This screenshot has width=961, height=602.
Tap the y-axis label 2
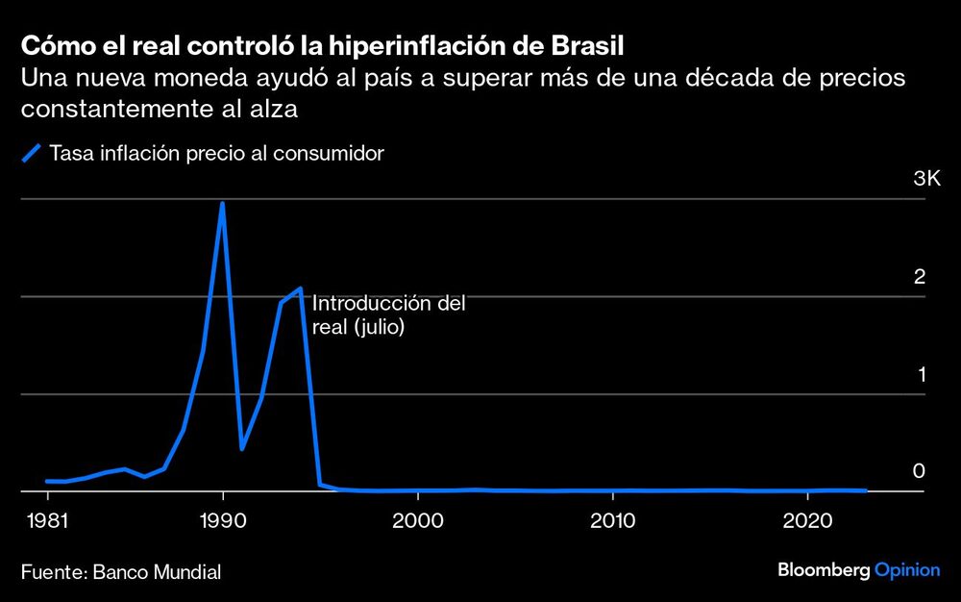point(919,277)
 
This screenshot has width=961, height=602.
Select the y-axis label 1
point(919,375)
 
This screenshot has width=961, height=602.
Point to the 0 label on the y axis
point(919,471)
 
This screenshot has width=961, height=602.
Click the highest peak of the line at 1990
point(223,203)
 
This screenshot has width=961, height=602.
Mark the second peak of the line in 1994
point(301,288)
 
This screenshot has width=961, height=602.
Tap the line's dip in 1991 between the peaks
point(242,448)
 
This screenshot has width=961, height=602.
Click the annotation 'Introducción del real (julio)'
point(388,315)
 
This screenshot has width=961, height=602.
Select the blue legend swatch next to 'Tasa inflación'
point(32,153)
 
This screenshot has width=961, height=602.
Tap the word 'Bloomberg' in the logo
point(824,570)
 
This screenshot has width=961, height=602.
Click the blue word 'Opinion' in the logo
point(907,570)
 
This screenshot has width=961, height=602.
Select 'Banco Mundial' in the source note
point(157,572)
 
